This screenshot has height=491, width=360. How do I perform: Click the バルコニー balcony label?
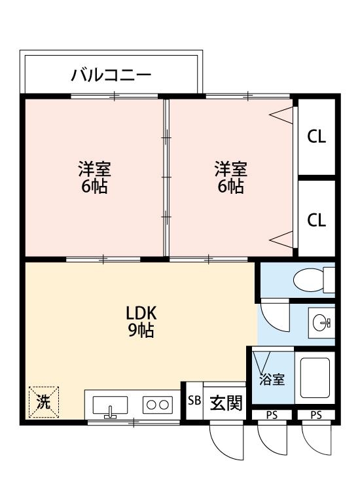tap(111, 74)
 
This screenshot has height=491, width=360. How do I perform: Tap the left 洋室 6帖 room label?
tap(94, 177)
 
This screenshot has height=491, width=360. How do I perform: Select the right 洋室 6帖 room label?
tap(230, 177)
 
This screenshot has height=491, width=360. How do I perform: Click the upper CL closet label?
tap(317, 137)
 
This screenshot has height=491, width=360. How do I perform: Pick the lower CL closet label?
tap(317, 220)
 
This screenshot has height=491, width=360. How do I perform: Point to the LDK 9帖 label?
tap(141, 321)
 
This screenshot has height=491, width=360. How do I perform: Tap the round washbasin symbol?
tap(321, 323)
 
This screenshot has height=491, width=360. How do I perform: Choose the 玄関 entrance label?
tap(225, 403)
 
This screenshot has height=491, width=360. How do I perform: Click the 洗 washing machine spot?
tap(43, 402)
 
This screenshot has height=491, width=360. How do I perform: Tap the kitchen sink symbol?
tap(109, 407)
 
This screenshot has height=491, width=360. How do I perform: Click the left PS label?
tap(271, 415)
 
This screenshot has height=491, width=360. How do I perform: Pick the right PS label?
tap(316, 415)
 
